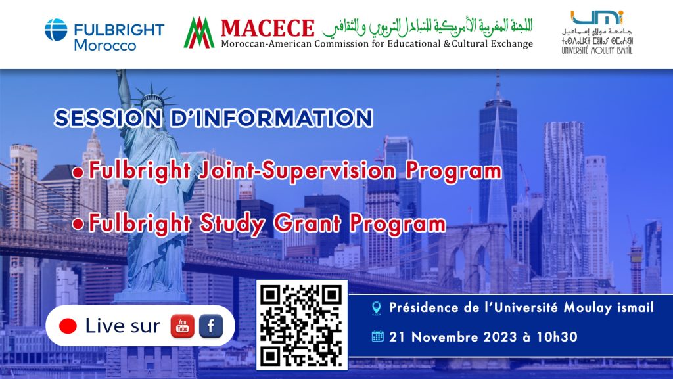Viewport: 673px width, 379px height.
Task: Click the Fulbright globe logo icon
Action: tap(56, 30)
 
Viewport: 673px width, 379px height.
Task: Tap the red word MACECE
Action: tap(267, 28)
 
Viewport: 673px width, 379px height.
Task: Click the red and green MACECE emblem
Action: tap(199, 33)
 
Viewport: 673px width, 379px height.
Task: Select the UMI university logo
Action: tap(597, 32)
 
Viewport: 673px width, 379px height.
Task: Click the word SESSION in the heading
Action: tap(108, 118)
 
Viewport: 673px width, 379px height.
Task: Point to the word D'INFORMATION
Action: tap(271, 118)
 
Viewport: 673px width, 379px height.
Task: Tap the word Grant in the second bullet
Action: tap(307, 223)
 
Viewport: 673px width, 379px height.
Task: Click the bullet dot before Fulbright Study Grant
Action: tap(78, 224)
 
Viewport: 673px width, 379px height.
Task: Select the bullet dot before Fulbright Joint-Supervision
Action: tap(78, 172)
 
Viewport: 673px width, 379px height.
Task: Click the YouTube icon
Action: tap(183, 326)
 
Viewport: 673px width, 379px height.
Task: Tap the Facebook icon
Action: tap(211, 326)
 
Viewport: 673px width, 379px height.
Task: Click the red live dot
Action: tap(68, 326)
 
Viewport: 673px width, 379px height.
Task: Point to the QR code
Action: tap(302, 325)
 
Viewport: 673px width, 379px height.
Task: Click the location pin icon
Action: tap(377, 308)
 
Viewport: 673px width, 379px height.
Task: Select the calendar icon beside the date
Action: tap(378, 336)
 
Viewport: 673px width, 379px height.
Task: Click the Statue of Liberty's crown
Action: tap(152, 97)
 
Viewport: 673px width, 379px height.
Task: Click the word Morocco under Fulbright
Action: tap(105, 45)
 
